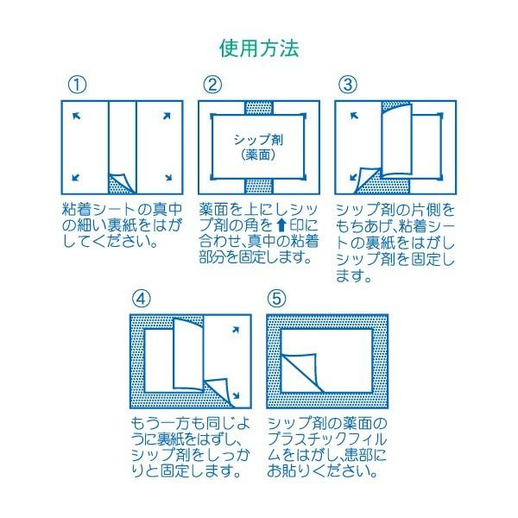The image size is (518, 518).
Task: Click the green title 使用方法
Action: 258,47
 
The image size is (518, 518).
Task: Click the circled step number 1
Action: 77,85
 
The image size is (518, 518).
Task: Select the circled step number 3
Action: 347,85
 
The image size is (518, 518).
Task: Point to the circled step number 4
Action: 143,298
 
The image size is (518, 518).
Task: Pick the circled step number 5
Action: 277,298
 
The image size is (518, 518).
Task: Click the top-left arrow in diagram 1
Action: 76,116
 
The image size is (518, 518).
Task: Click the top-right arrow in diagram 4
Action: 235,331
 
